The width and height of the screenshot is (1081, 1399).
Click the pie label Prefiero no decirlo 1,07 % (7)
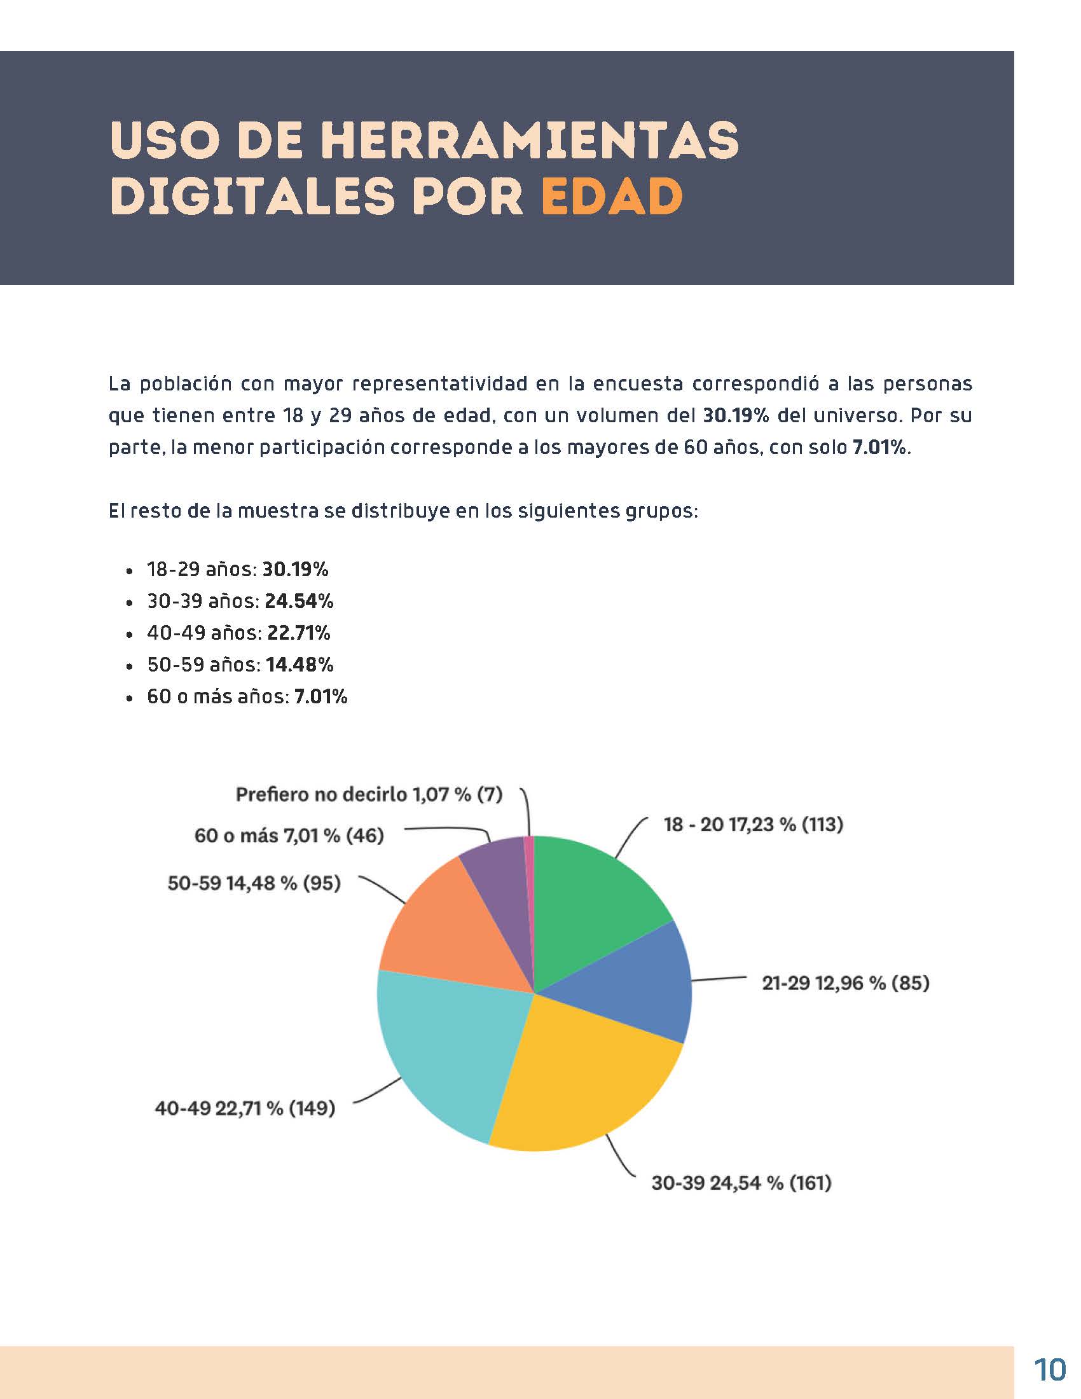pos(369,794)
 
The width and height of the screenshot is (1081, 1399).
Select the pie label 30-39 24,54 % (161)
pos(741,1183)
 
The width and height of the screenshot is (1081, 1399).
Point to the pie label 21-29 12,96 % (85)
pos(845,982)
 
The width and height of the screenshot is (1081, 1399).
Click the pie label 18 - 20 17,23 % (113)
pos(753,824)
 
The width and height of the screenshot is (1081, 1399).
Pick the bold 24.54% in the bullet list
pos(299,601)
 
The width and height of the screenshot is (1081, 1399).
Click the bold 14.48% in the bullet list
pos(299,665)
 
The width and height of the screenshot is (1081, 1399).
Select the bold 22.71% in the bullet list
pos(298,633)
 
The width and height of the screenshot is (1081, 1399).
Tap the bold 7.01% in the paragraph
pos(879,447)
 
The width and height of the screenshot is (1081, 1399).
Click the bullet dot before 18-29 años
pos(130,570)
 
